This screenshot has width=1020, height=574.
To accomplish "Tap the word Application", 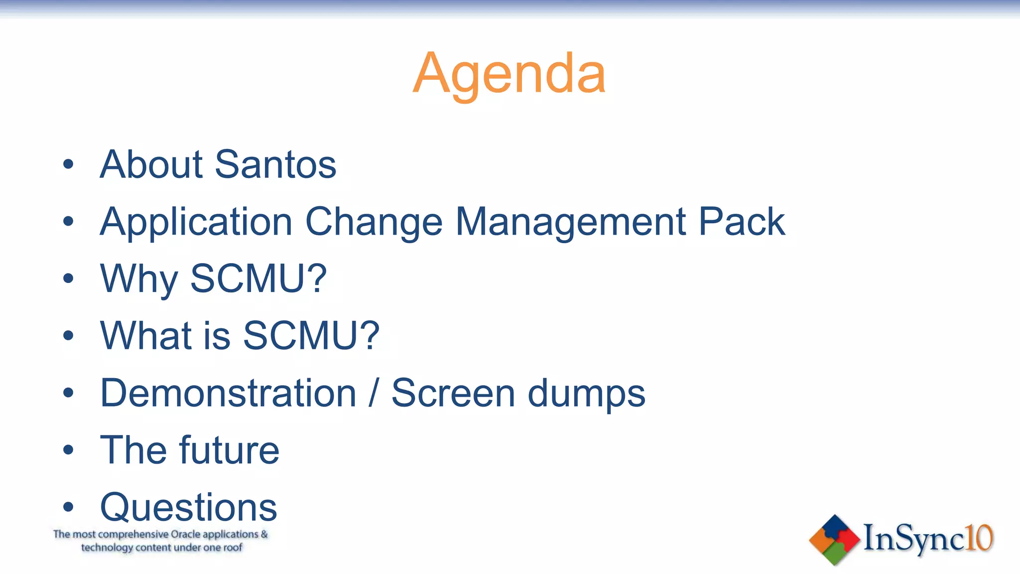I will [196, 222].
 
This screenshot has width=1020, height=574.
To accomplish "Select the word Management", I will [571, 222].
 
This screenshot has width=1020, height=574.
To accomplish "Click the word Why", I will [139, 279].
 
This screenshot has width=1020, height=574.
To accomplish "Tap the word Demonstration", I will [228, 393].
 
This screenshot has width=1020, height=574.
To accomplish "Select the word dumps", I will [586, 393].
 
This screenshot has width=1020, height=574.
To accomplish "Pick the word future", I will [229, 450].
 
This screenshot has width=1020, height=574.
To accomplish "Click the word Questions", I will [188, 507].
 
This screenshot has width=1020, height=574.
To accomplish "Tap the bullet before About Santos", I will [68, 164].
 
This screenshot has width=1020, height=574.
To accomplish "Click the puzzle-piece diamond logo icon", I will [834, 540].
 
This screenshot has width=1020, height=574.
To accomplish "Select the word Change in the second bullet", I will [374, 222].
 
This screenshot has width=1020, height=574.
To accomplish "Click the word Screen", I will [453, 393].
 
